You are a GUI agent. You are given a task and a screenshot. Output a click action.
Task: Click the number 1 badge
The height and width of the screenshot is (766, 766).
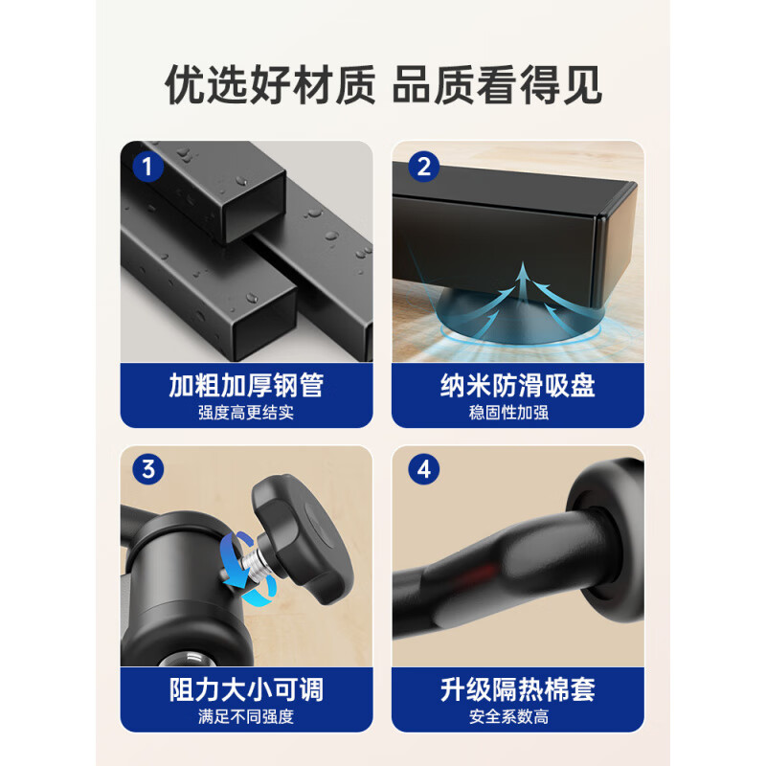pos(147,167)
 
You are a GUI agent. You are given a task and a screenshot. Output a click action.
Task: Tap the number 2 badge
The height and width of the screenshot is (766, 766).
pos(423,167)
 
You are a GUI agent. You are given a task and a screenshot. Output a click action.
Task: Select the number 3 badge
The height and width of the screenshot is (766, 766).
pos(148,469)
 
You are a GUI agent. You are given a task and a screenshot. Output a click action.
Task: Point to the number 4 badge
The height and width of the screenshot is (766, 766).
pos(423,469)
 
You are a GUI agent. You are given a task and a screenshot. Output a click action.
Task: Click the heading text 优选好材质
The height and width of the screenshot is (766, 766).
pos(271,85)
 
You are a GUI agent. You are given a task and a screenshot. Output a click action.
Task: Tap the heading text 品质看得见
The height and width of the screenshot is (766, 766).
pos(497,85)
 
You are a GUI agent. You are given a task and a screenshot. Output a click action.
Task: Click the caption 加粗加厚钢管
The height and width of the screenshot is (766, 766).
pos(246,386)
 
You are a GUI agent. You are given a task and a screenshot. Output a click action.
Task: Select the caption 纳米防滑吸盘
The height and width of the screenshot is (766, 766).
pos(518,386)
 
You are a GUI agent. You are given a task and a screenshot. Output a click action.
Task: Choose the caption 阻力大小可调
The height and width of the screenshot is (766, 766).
pos(246,689)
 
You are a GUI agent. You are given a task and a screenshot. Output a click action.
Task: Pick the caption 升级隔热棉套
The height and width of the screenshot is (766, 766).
pos(518,689)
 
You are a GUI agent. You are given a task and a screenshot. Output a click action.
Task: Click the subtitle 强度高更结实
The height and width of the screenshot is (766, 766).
pos(246,413)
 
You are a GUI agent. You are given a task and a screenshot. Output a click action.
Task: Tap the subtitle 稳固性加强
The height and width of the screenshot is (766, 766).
pos(508,413)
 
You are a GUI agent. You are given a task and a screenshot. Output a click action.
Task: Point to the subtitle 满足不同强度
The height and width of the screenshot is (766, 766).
pos(246,716)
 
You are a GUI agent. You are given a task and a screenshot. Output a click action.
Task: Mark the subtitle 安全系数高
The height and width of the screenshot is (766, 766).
pos(508,716)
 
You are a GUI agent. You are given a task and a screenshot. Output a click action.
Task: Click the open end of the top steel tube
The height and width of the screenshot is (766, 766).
pos(255,209)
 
